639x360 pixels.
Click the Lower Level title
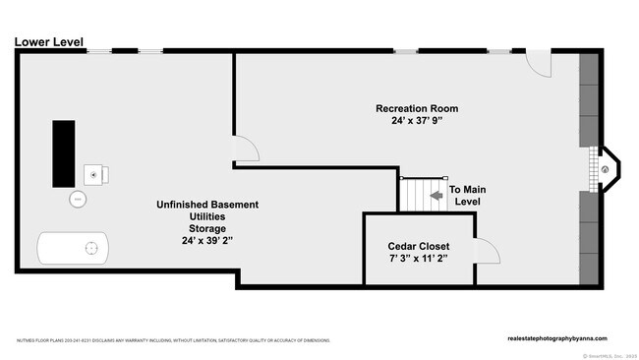[x=48, y=41]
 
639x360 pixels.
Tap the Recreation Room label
[x=417, y=108]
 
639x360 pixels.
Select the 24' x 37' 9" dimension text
[x=417, y=122]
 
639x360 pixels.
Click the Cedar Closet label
[x=418, y=245]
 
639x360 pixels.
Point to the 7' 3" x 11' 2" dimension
[x=418, y=259]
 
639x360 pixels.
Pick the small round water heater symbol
[x=78, y=200]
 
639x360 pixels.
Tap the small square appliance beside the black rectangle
[x=96, y=174]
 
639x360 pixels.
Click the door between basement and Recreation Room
[x=246, y=149]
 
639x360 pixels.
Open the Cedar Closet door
[x=486, y=252]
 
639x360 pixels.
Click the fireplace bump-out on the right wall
[x=606, y=169]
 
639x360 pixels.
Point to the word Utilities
[x=206, y=216]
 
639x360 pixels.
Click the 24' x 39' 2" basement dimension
[x=206, y=240]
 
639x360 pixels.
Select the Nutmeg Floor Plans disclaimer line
[x=172, y=340]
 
